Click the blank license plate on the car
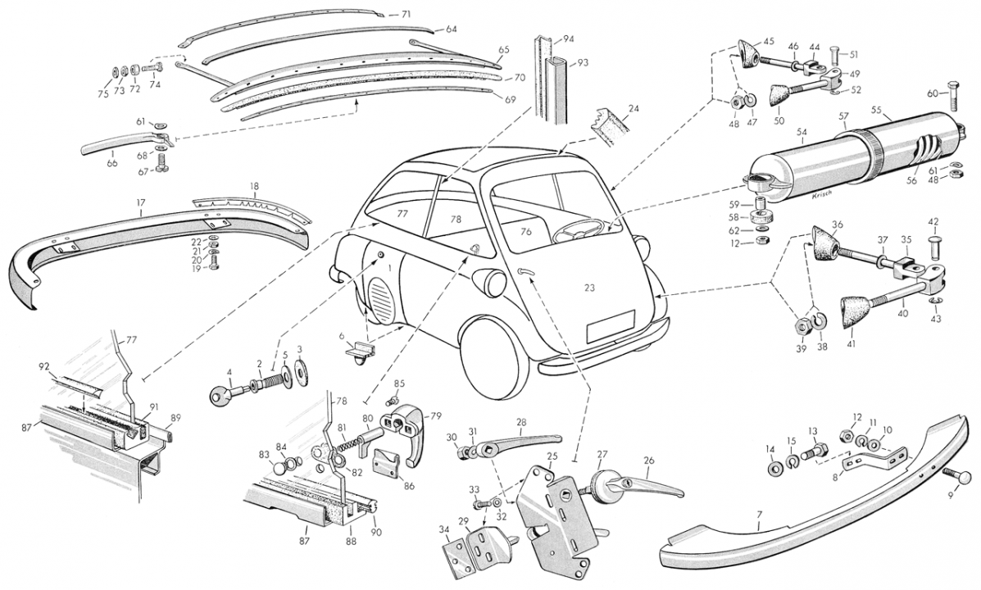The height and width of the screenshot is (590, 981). click(x=611, y=326)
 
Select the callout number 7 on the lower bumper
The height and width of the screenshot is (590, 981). click(x=759, y=515)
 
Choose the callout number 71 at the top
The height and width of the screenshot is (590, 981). click(x=406, y=15)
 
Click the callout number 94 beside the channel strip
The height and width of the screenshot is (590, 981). click(x=569, y=39)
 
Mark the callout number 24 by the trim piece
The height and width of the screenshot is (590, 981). click(x=634, y=107)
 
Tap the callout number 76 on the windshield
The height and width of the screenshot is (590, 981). click(x=526, y=232)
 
